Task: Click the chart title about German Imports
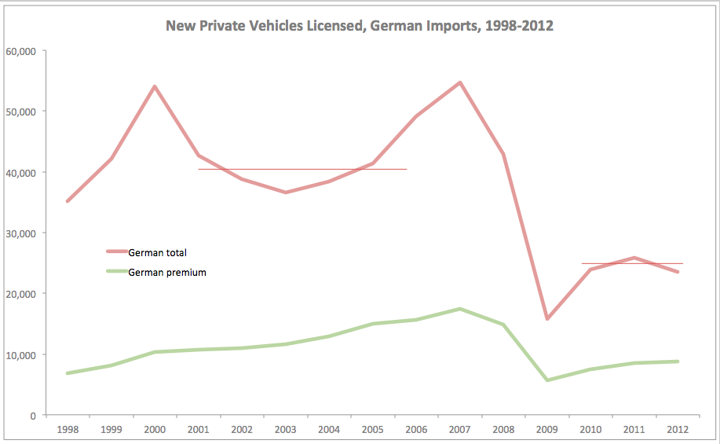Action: tap(360, 26)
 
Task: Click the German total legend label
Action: tap(157, 252)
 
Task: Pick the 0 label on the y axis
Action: tap(32, 416)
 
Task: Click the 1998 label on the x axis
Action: tap(68, 430)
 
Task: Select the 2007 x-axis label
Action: tap(460, 430)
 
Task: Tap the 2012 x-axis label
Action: tap(678, 430)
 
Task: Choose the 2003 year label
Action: tap(286, 430)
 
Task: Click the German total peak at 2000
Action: tap(155, 86)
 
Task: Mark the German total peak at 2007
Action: tap(460, 83)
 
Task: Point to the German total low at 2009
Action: tap(547, 319)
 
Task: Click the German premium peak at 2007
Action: tap(460, 309)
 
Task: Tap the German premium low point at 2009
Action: tap(547, 380)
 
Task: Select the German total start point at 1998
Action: tap(68, 201)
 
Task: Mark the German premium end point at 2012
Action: tap(678, 361)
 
